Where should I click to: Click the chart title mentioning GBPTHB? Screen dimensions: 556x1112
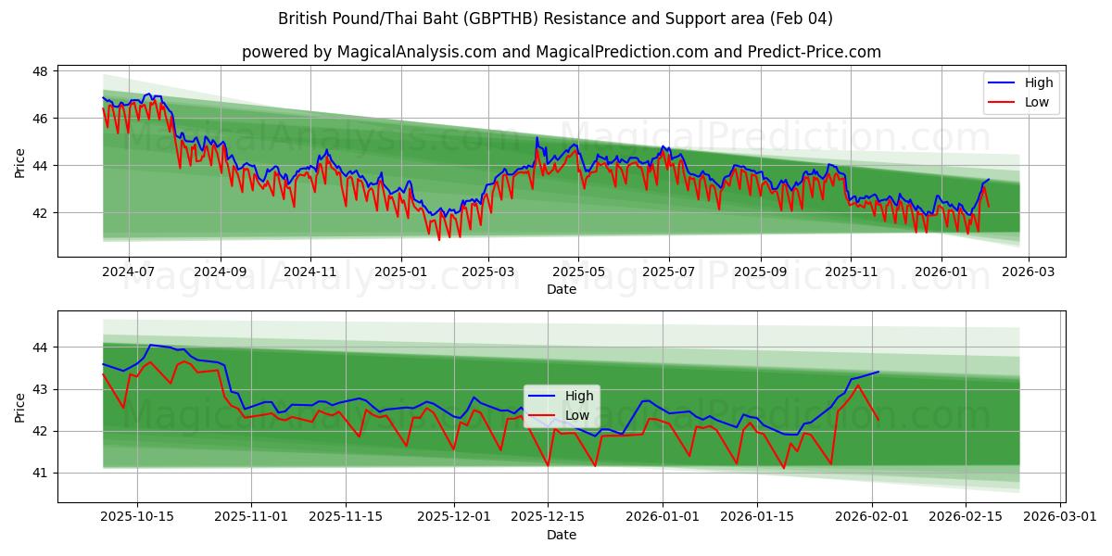tap(555, 19)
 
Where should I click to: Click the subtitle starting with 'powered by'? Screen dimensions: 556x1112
tap(561, 52)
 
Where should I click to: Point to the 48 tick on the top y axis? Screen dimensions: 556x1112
tap(42, 71)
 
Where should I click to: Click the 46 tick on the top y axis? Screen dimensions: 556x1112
tap(42, 119)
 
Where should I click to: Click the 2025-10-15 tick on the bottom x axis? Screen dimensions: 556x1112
tap(137, 517)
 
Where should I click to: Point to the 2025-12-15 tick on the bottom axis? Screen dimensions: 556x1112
tap(547, 517)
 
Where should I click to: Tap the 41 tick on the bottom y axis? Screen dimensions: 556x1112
tap(42, 474)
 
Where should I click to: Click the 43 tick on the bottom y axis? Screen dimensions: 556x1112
tap(42, 389)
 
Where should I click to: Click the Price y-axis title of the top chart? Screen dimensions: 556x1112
tap(19, 163)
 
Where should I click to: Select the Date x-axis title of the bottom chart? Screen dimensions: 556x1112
tap(561, 535)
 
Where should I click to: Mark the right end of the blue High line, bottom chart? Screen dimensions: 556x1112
tap(878, 372)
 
